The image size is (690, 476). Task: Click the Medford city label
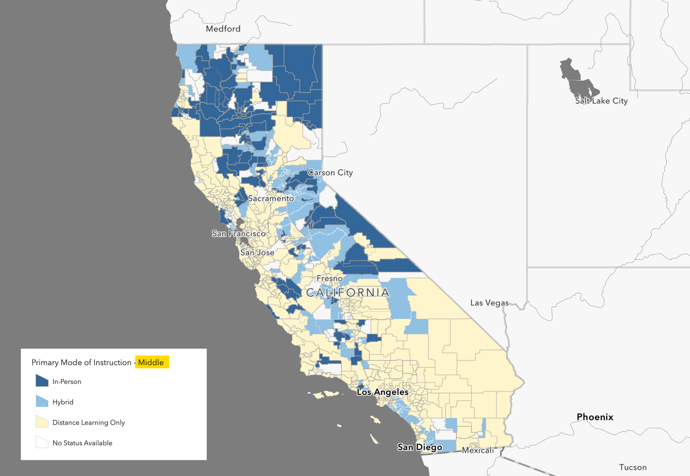coord(223,29)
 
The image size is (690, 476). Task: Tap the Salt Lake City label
coord(601,101)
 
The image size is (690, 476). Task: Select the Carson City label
coord(330,173)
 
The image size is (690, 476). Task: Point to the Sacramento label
coord(271,199)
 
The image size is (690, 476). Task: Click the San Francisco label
coord(239,234)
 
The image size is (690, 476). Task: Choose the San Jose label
coord(257,253)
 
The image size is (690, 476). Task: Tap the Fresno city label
coord(329,279)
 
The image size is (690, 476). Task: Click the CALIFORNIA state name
coord(348,293)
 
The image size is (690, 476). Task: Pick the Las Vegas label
coord(489,303)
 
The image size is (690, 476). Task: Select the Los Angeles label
coord(382,392)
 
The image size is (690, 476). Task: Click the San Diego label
coord(420,447)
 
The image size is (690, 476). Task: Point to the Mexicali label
coord(478,450)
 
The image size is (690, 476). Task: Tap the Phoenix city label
coord(595,417)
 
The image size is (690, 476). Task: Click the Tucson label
coord(633,467)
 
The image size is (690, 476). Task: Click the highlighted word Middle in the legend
coord(151,362)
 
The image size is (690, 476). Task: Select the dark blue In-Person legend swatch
coord(42,381)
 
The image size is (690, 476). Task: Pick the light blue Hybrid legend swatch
coord(42,401)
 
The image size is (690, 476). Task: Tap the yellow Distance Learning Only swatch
coord(42,422)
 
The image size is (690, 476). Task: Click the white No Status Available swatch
coord(42,442)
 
